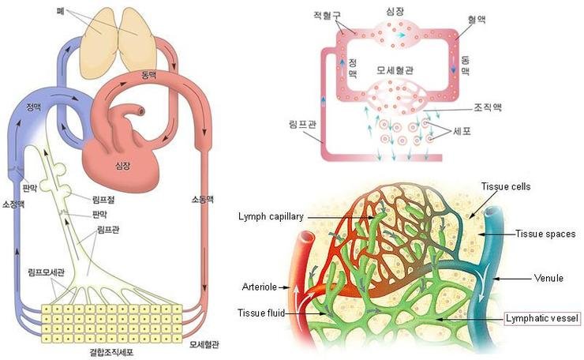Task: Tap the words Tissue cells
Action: (506, 186)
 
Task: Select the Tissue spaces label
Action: (545, 234)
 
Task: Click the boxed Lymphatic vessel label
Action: (542, 319)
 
